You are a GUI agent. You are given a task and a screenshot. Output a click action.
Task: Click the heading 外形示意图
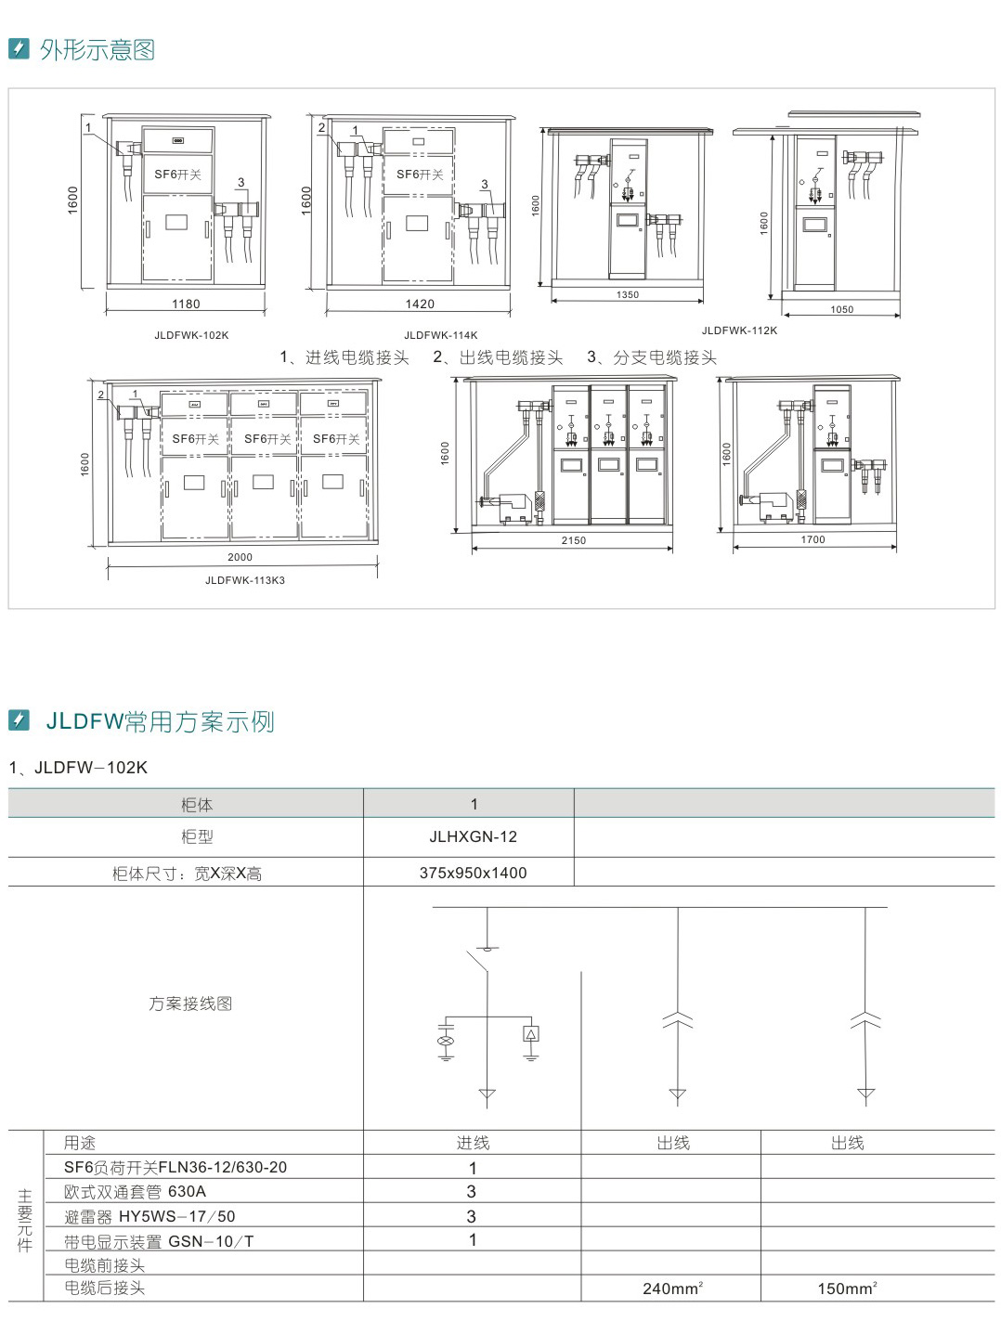97,50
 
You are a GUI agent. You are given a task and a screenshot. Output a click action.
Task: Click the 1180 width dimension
186,304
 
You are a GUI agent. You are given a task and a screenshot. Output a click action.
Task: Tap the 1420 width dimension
420,304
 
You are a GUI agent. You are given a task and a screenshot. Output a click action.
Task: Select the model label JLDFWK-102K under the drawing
191,335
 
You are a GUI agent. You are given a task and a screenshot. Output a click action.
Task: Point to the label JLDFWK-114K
441,335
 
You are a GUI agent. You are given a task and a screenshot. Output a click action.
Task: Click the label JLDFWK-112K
739,330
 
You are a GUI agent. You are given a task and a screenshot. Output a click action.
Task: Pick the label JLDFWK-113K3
245,580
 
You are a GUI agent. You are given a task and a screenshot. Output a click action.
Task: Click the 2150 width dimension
574,540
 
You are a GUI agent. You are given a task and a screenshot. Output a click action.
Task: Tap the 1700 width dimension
812,539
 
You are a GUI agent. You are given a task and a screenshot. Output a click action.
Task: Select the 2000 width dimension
240,557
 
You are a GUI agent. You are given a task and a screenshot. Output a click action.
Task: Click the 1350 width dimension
628,295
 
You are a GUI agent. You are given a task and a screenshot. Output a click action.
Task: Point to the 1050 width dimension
842,310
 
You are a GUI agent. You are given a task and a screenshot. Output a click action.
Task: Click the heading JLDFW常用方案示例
160,721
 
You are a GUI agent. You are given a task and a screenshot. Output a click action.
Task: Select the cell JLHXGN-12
473,836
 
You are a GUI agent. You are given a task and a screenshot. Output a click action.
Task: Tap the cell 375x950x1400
473,873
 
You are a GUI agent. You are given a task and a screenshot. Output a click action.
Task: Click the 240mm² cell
672,1289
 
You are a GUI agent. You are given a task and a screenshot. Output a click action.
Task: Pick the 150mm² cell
847,1289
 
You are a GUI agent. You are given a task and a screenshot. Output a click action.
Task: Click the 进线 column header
473,1143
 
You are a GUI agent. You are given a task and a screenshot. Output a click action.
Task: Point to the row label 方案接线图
190,1004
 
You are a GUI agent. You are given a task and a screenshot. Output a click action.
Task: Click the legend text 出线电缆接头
511,357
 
